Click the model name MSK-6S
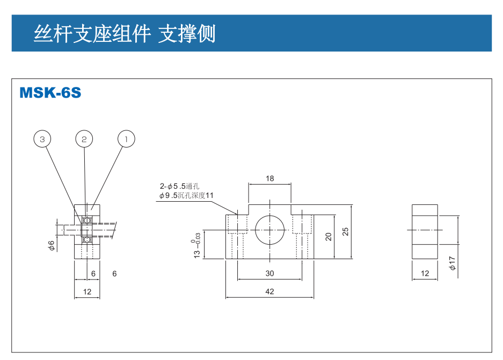coord(50,93)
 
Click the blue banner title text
coord(125,33)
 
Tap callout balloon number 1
coord(126,139)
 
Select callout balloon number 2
coord(84,139)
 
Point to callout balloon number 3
coord(42,139)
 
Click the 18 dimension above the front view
coord(269,179)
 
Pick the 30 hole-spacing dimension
coord(269,273)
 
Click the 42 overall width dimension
coord(269,291)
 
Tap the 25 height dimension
coord(346,231)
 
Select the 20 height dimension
coord(329,236)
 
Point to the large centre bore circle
coord(269,231)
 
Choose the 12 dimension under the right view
coord(425,273)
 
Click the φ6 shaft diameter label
coord(52,245)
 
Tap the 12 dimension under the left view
coord(88,291)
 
